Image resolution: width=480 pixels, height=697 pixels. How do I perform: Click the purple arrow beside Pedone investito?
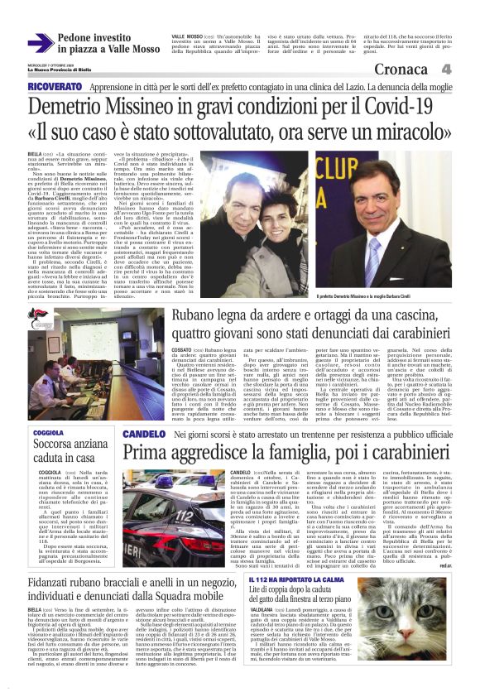40,42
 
